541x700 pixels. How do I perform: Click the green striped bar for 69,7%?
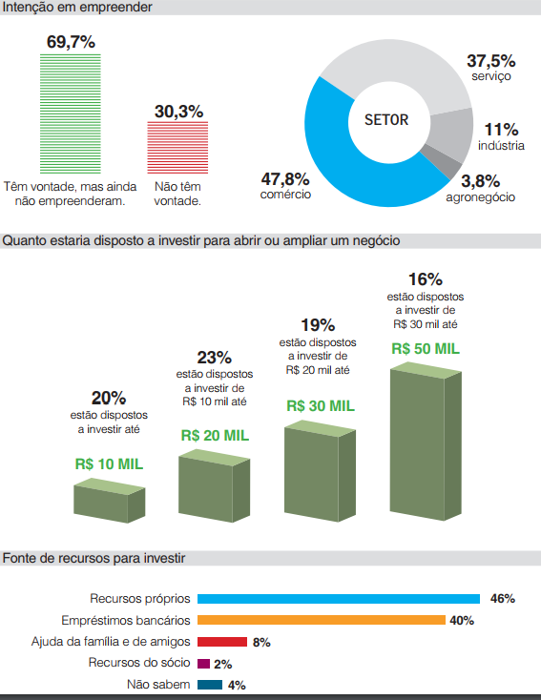tap(71, 113)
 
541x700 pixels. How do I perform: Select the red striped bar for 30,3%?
tap(177, 147)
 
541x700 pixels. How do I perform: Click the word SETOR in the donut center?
tap(386, 119)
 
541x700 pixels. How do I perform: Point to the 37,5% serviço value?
tap(491, 61)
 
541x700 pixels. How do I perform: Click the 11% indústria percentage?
tap(501, 130)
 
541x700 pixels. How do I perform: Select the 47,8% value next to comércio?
tap(285, 179)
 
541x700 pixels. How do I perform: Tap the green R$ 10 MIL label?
tap(109, 464)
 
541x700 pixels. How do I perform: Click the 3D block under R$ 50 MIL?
tap(426, 441)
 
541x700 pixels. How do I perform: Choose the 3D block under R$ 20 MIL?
tap(215, 485)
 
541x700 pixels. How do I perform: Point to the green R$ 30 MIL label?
tap(321, 406)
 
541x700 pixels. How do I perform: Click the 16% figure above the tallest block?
tap(426, 279)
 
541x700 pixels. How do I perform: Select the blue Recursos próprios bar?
tap(339, 599)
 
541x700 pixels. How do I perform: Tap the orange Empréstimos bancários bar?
tap(322, 620)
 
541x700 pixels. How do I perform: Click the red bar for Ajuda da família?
tap(222, 642)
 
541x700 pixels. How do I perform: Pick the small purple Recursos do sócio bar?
tap(204, 664)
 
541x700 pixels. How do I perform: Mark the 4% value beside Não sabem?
tap(237, 686)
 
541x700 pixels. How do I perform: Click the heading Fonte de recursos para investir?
tap(94, 558)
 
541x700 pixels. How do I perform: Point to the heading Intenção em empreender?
tap(77, 7)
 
